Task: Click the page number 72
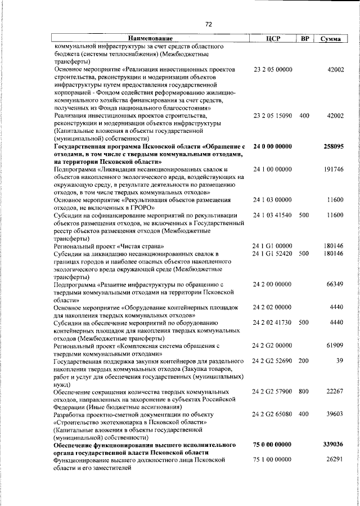208,24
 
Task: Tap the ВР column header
304,38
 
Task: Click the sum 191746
335,169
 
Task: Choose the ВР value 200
304,360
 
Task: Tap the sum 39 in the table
340,360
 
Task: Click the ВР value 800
304,391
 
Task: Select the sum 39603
336,414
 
